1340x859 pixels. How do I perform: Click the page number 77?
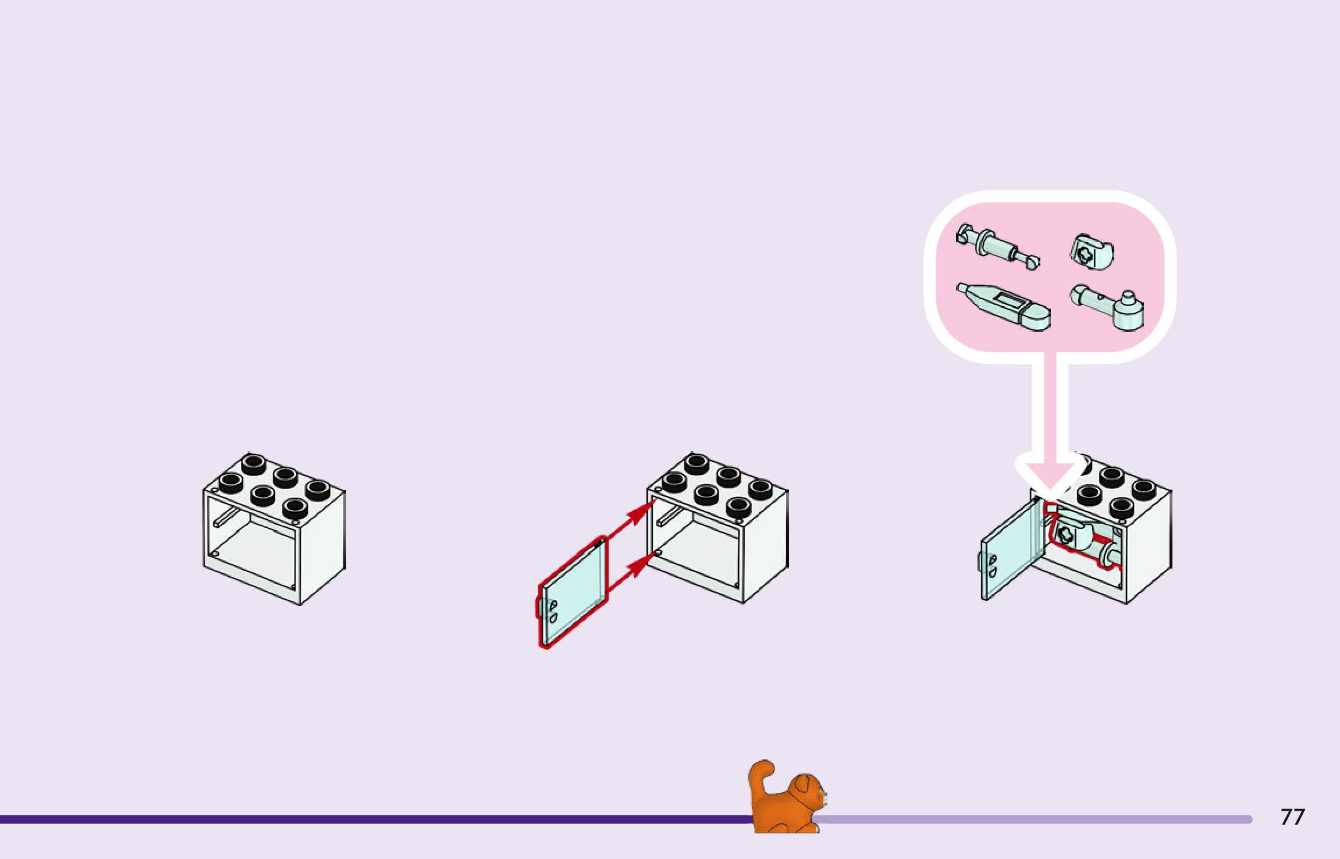pos(1292,817)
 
